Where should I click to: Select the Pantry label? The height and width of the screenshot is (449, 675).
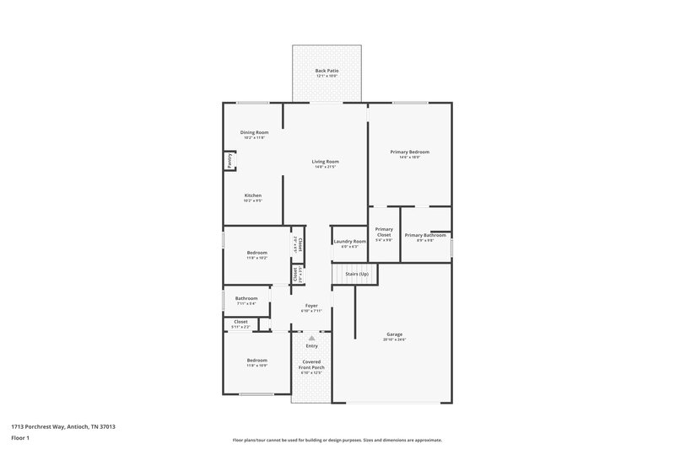[229, 160]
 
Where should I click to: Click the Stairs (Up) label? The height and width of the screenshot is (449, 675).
[357, 274]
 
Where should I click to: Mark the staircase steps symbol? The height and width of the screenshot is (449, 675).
[339, 275]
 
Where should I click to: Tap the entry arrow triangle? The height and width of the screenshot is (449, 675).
[311, 337]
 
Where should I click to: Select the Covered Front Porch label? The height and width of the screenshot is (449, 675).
[311, 368]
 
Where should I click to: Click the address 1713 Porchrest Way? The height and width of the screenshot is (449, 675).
[63, 427]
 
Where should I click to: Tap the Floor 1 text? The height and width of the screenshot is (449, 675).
[21, 439]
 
